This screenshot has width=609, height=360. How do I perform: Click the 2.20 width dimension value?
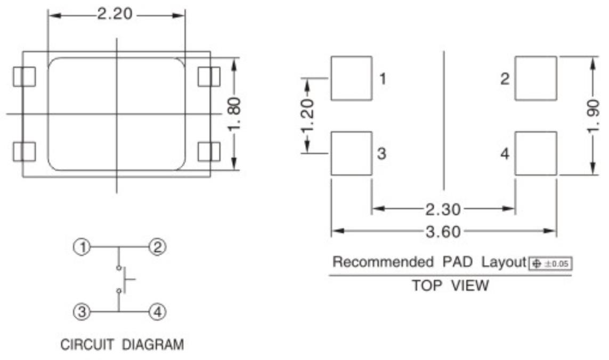pyautogui.click(x=115, y=14)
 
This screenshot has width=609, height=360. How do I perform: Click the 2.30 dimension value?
pyautogui.click(x=443, y=209)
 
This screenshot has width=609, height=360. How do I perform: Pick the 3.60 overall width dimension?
pyautogui.click(x=443, y=232)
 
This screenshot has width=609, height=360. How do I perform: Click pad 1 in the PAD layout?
pyautogui.click(x=351, y=78)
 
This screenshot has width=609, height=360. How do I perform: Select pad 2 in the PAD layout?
pyautogui.click(x=535, y=78)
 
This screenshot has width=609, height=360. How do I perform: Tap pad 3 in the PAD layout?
pyautogui.click(x=351, y=153)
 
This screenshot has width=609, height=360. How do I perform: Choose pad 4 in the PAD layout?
pyautogui.click(x=535, y=153)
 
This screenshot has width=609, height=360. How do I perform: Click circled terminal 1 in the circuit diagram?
pyautogui.click(x=82, y=247)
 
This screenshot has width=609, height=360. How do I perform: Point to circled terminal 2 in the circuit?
pyautogui.click(x=157, y=247)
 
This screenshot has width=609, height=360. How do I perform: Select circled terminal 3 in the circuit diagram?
pyautogui.click(x=82, y=312)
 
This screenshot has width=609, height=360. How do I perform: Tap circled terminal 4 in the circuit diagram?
pyautogui.click(x=157, y=312)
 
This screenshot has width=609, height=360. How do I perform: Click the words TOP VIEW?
pyautogui.click(x=450, y=286)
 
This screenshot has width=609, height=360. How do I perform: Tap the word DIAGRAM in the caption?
pyautogui.click(x=153, y=345)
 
